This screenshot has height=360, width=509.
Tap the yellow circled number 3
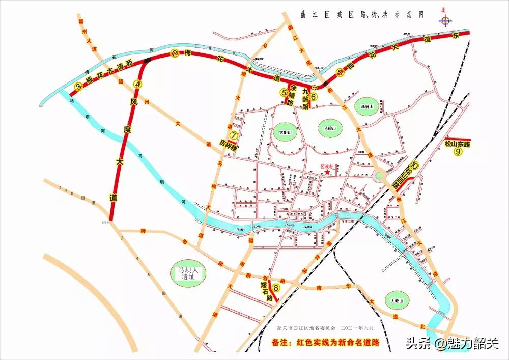tap(78, 87)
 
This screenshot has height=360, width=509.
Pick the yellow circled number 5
tap(284, 93)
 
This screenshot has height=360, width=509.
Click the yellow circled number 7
tap(234, 135)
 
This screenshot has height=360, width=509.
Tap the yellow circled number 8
tap(276, 288)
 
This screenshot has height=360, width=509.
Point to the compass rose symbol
tap(446, 21)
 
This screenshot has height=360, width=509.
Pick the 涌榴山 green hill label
tap(367, 107)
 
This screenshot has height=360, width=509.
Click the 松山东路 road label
tap(457, 144)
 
